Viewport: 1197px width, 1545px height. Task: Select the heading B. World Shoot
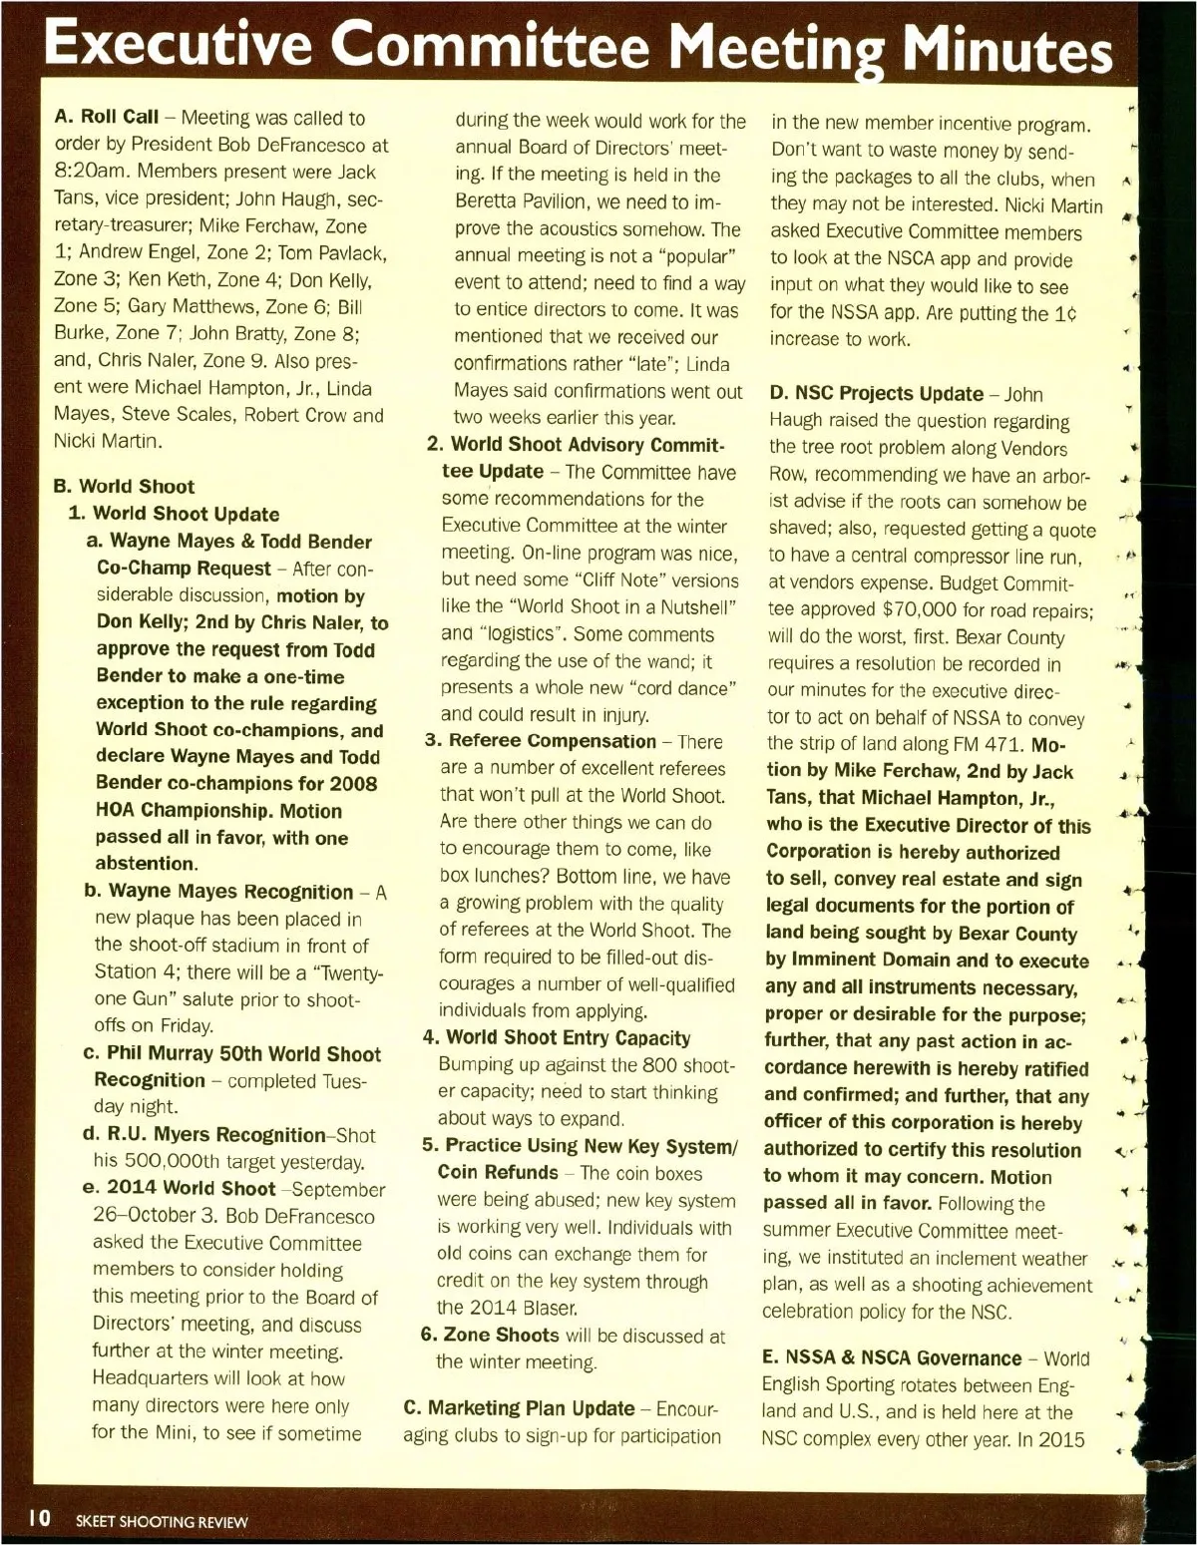(x=124, y=487)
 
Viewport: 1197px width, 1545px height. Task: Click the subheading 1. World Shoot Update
(x=174, y=515)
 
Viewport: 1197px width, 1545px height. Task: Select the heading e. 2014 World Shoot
(x=179, y=1189)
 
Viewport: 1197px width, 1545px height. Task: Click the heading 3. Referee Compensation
(x=540, y=741)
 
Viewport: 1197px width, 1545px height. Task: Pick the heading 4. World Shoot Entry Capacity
(x=556, y=1038)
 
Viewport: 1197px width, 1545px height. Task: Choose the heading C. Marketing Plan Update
(x=519, y=1408)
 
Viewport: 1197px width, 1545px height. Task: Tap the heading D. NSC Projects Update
(x=875, y=394)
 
